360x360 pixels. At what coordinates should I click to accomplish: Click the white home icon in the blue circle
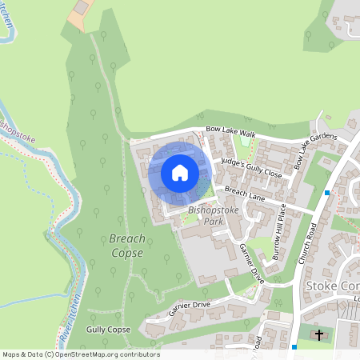(x=180, y=172)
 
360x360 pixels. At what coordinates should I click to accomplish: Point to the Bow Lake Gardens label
(x=312, y=150)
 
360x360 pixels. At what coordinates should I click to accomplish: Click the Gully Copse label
(x=108, y=329)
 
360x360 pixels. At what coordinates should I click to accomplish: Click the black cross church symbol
(x=319, y=335)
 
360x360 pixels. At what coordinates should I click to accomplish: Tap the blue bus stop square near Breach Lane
(x=327, y=193)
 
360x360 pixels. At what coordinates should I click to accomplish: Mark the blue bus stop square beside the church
(x=294, y=346)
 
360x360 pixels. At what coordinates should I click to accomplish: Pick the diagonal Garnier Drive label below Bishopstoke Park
(x=251, y=262)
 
